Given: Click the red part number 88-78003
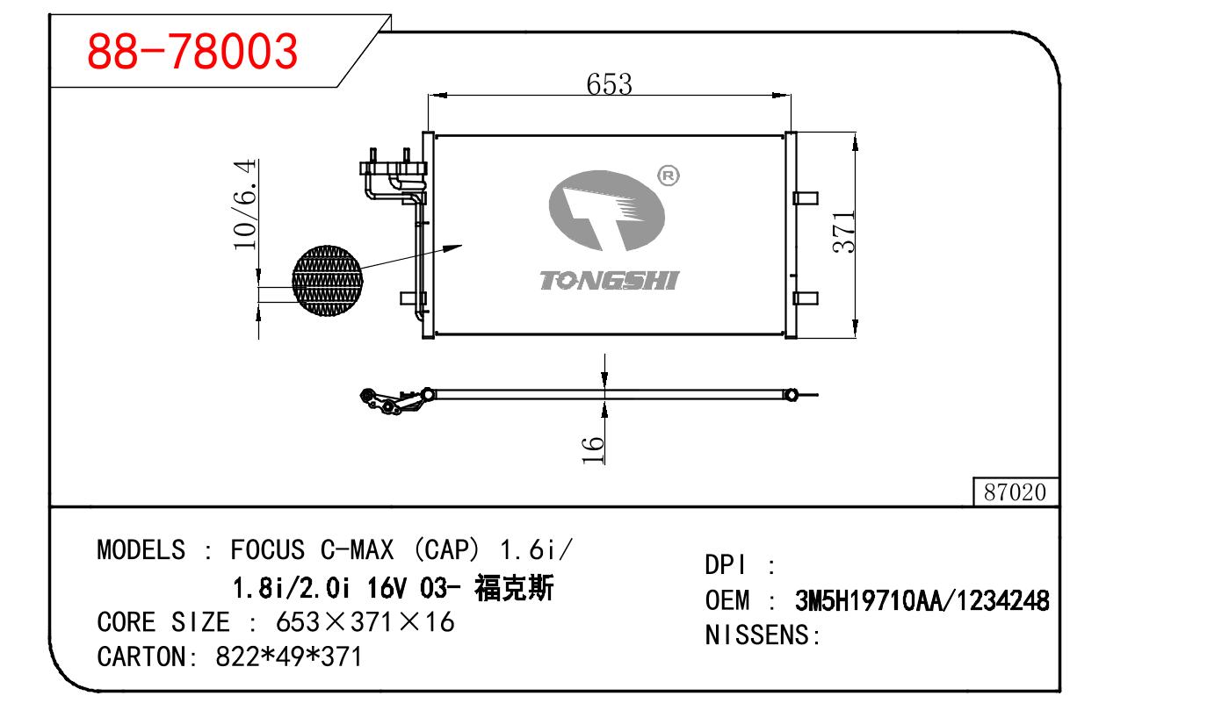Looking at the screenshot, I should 192,52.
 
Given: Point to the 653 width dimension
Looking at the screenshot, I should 609,83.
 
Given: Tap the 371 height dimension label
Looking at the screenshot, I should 844,232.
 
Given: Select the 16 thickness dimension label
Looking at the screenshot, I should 595,448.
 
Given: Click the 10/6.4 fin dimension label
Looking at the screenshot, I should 245,204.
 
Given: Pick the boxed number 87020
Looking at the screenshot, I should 1015,492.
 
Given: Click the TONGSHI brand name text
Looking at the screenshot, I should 609,281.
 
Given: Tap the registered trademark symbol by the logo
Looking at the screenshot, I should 669,176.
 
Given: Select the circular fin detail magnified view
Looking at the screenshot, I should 327,281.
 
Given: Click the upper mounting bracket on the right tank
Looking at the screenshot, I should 805,197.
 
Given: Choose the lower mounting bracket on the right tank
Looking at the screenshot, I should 805,298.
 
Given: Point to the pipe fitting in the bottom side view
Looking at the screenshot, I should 394,400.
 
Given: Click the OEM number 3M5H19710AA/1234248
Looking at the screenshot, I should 922,601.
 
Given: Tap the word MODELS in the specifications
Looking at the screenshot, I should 141,550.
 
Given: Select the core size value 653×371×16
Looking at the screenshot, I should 365,622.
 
